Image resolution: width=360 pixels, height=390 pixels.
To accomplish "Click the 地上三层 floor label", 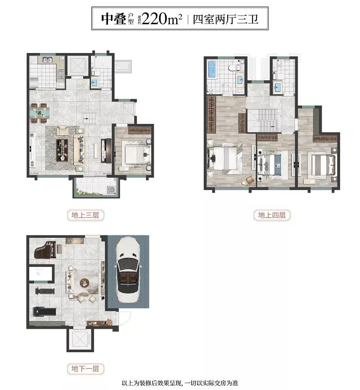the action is point(85,215).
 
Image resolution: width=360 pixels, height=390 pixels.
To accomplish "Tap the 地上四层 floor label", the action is point(272,215).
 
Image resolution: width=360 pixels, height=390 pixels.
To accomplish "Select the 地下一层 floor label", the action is point(85,369).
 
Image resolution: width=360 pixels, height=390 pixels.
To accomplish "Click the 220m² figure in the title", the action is point(162,18).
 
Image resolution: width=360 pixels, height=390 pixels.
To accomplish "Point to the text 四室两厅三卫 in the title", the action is point(226,19).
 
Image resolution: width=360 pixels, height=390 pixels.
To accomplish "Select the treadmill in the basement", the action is point(44,312).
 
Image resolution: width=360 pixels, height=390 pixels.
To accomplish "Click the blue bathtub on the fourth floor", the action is point(212,70).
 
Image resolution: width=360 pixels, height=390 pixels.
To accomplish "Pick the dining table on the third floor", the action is point(40,113).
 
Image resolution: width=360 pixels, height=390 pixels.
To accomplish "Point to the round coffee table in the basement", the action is point(85,283).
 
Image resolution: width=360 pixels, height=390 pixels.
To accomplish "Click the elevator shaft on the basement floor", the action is point(80,340).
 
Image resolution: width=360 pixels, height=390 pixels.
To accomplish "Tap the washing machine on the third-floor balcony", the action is point(111,190).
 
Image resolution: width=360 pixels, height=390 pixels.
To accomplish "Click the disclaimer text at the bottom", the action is point(180,383).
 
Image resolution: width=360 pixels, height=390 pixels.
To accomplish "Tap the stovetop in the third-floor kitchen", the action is point(61,73).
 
